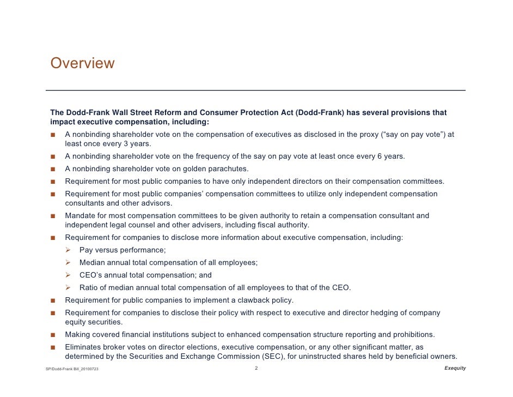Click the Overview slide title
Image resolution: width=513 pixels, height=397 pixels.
pyautogui.click(x=82, y=64)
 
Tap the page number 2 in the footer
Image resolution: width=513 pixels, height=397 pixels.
pyautogui.click(x=256, y=369)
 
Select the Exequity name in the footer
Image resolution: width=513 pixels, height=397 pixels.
pyautogui.click(x=455, y=369)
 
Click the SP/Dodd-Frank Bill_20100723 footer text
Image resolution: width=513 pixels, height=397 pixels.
pyautogui.click(x=72, y=370)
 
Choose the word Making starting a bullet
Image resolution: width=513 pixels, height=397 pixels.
pyautogui.click(x=78, y=334)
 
